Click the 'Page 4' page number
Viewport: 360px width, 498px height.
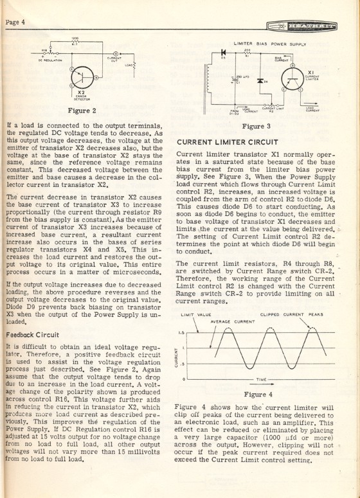(x=14, y=21)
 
